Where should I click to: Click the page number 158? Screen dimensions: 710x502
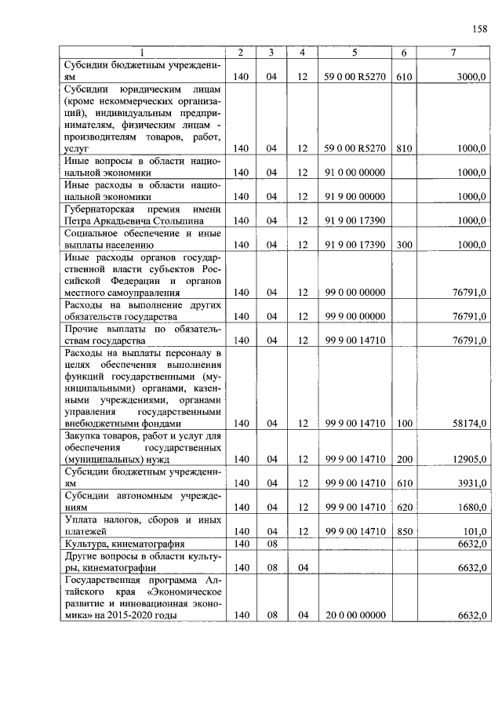[479, 29]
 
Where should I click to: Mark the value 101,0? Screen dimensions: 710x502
[475, 531]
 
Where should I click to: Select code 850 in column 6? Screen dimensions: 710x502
[403, 531]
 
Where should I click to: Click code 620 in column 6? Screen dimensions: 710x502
[403, 508]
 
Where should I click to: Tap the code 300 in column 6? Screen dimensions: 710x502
[403, 245]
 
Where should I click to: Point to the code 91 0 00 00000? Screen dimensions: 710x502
[355, 172]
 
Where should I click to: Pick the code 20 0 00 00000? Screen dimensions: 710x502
[355, 615]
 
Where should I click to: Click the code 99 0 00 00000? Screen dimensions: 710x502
[355, 293]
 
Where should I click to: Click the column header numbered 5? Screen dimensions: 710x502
[355, 53]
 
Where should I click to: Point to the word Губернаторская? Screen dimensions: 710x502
[103, 209]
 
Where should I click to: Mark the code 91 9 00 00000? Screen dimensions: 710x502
[355, 196]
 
